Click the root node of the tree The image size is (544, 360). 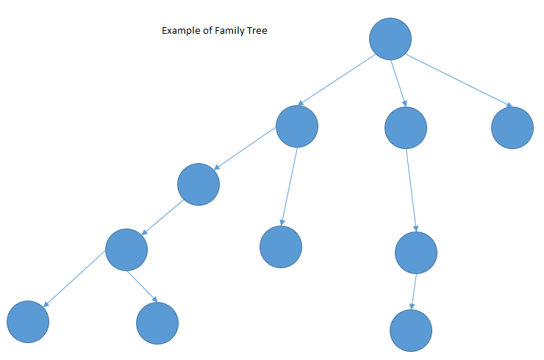[390, 38]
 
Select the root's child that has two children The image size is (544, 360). [297, 126]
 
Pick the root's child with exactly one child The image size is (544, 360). [405, 128]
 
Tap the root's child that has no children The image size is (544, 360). [512, 128]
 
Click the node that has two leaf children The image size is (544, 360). [126, 249]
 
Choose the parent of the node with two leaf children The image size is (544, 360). [198, 184]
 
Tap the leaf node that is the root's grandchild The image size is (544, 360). [281, 246]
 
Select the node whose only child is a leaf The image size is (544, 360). [416, 253]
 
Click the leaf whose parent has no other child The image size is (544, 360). [410, 331]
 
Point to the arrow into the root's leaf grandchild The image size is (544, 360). [289, 187]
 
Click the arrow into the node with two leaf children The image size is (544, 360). [162, 217]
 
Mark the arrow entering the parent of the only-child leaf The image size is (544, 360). [411, 191]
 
